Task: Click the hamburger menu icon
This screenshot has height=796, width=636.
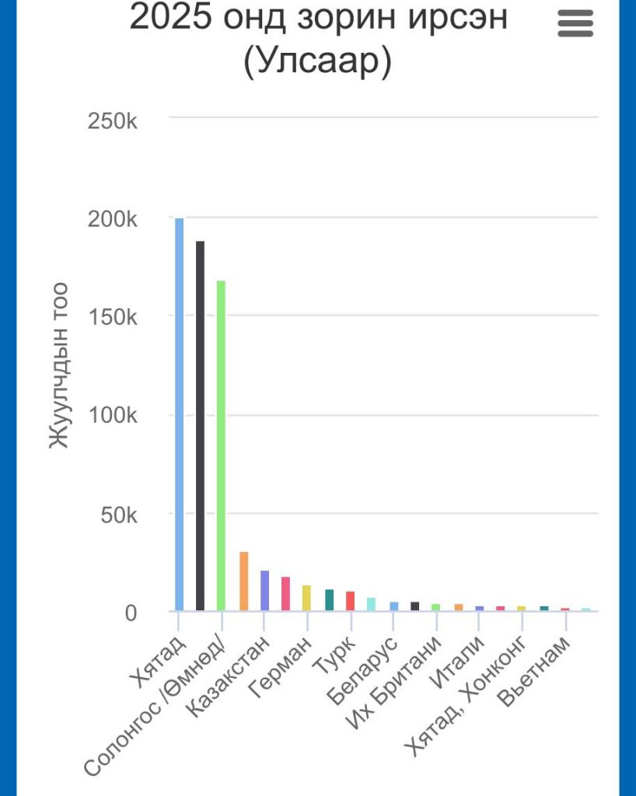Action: pos(575,24)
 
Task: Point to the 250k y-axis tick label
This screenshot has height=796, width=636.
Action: pos(114,121)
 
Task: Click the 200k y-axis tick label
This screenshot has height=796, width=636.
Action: pos(114,220)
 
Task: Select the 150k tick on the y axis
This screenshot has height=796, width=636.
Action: pos(114,318)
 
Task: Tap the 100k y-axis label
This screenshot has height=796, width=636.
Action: pos(114,416)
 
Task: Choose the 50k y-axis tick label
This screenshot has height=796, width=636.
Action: pos(118,515)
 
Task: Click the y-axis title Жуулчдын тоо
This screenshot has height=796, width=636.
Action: pos(59,365)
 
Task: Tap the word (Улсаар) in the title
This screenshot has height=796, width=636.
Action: pos(317,62)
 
